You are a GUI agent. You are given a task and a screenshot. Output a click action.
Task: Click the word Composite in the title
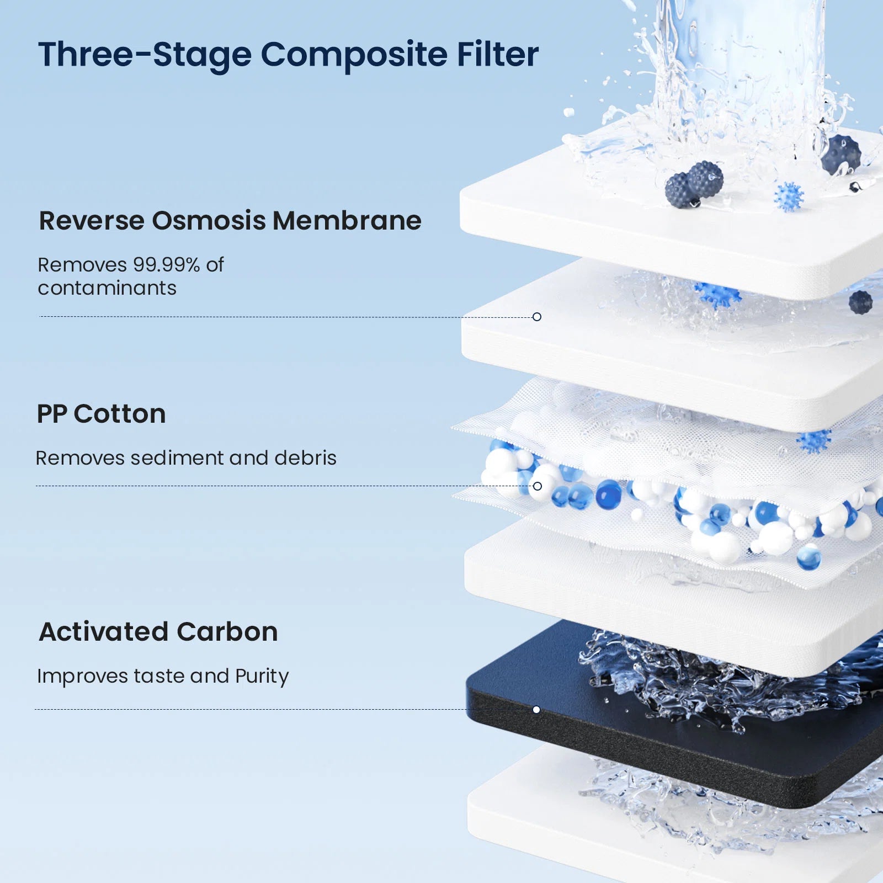[354, 55]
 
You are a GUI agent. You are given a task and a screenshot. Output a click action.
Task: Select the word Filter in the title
[497, 55]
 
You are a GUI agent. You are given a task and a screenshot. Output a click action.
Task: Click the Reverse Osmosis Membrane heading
[230, 221]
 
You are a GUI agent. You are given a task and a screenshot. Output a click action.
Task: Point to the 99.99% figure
[166, 265]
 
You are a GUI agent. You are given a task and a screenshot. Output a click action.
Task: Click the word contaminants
[107, 288]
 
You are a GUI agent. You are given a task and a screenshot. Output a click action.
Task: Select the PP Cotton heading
[101, 414]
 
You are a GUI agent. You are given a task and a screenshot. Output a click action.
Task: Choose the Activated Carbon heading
[158, 632]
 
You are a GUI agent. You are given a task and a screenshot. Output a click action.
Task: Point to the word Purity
[262, 677]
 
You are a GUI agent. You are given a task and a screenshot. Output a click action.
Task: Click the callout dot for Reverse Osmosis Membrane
[537, 317]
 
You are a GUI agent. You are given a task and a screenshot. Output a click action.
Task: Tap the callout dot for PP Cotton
[538, 486]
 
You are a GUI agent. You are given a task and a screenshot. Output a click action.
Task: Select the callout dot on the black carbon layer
[536, 710]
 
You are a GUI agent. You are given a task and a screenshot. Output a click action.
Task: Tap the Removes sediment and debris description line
[186, 458]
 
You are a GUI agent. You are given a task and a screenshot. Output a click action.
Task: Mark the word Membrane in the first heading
[347, 221]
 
